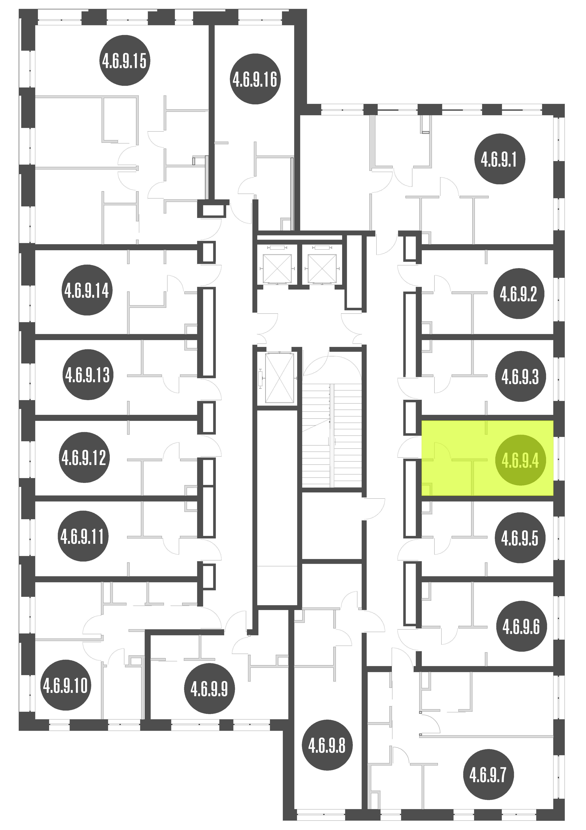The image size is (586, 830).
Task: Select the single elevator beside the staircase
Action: [x=279, y=378]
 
